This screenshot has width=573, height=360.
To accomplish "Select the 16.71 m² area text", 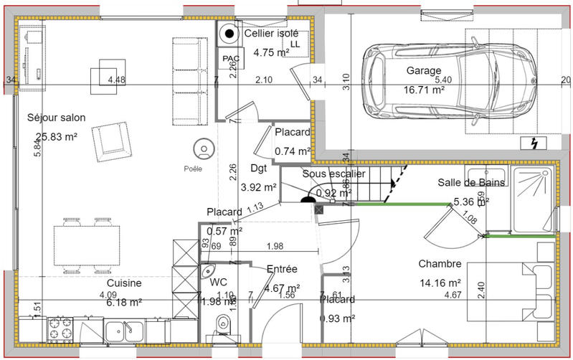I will pos(424,90).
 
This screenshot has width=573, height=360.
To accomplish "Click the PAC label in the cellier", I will pos(230,58).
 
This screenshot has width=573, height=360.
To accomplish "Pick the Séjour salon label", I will pos(56,118).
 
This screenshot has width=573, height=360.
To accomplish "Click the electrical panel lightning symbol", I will pos(534,143).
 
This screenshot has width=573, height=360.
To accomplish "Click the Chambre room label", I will pos(440,264).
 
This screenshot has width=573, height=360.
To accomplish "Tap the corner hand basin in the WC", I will pos(209,272).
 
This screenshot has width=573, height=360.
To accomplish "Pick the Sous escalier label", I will pos(333,174).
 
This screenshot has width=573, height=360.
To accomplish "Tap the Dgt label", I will pos(259,169).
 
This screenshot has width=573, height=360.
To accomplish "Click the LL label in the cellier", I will pos(296,44).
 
